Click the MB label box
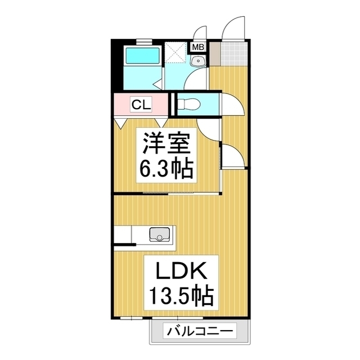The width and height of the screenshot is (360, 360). pyautogui.click(x=197, y=48)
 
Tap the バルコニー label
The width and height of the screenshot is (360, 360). pyautogui.click(x=198, y=331)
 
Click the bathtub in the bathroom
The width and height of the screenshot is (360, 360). pyautogui.click(x=141, y=56)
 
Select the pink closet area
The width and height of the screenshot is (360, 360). pyautogui.click(x=141, y=105)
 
